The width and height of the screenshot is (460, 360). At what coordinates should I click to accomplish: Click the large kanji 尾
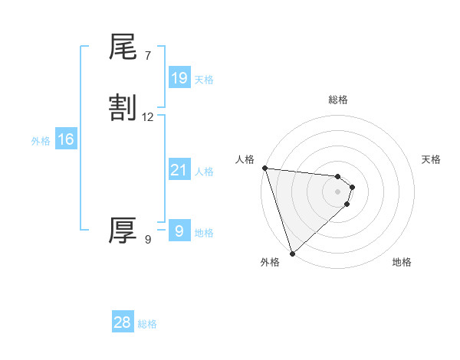123,47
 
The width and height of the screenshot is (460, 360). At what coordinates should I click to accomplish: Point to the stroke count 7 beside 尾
148,55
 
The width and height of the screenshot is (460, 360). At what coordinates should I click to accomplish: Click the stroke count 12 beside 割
148,117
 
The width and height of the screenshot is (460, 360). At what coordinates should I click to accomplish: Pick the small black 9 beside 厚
148,240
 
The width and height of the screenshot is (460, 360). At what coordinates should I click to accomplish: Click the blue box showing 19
179,77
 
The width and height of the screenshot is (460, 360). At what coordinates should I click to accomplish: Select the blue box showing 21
179,170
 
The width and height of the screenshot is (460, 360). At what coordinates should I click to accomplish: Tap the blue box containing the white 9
179,231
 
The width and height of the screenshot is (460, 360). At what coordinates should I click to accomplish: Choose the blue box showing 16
66,139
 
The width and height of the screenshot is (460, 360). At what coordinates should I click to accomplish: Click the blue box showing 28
123,322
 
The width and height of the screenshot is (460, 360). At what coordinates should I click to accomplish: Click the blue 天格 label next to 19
204,80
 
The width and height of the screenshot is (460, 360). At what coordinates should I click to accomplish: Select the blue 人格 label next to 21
204,172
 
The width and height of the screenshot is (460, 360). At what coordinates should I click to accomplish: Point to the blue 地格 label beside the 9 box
204,233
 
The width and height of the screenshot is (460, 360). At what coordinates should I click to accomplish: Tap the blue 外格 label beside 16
41,141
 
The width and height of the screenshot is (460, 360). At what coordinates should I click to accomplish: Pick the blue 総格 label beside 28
147,324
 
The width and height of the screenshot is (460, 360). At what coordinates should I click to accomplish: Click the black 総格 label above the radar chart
338,100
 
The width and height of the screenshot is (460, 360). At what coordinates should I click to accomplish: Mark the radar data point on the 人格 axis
264,168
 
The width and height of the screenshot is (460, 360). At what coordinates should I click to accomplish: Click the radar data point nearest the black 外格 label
292,252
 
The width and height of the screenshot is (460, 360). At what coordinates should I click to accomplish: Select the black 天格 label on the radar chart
432,159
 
